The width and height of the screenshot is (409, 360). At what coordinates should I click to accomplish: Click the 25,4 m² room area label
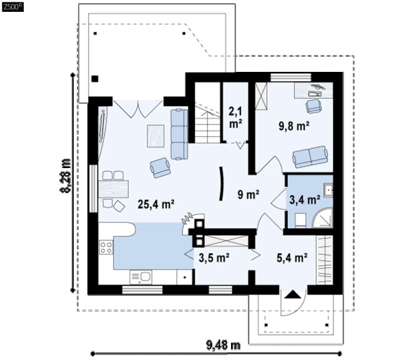(156, 204)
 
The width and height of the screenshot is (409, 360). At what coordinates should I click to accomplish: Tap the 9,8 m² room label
(294, 126)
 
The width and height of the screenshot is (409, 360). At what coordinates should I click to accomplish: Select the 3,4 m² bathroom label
(305, 200)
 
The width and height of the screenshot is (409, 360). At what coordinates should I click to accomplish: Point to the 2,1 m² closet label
(235, 117)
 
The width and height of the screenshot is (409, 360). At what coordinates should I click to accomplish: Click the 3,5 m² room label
(214, 258)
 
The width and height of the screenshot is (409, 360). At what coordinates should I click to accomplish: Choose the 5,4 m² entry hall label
(292, 258)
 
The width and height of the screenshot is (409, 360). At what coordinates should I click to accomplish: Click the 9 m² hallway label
(249, 194)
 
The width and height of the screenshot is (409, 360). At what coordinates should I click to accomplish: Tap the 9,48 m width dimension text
(224, 346)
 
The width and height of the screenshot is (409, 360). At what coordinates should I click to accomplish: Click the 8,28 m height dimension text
(66, 176)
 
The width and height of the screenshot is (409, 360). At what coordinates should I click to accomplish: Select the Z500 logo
(12, 7)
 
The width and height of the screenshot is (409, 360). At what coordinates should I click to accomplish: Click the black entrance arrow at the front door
(293, 294)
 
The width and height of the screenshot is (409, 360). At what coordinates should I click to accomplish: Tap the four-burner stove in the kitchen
(106, 247)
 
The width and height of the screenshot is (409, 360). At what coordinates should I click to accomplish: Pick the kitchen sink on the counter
(140, 277)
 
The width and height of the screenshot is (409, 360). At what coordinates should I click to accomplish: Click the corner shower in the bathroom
(323, 217)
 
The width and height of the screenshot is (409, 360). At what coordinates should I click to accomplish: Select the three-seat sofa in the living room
(179, 134)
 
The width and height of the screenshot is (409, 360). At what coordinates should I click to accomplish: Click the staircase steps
(207, 122)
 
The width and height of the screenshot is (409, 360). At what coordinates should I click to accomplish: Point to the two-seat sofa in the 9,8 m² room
(310, 157)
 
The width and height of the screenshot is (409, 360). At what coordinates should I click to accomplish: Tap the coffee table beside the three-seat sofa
(155, 136)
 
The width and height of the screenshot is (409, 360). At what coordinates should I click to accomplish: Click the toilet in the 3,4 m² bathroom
(300, 220)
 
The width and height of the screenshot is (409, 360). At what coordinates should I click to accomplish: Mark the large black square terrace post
(95, 79)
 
